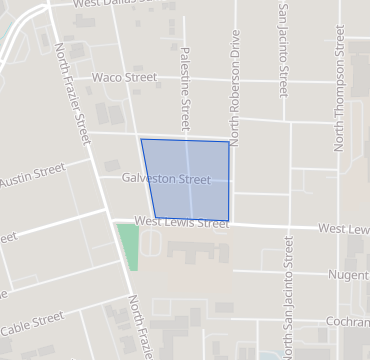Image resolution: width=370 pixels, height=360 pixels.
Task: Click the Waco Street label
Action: click(x=125, y=77)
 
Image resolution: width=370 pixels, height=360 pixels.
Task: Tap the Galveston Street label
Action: click(x=166, y=180)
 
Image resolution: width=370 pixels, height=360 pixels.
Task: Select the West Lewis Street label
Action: click(x=181, y=223)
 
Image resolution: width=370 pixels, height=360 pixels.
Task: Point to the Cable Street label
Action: click(x=32, y=324)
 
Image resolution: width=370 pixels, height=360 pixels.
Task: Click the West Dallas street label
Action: click(x=115, y=4)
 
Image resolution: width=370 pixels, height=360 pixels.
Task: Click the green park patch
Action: click(x=128, y=246)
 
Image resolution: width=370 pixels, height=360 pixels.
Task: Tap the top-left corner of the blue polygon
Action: click(x=141, y=139)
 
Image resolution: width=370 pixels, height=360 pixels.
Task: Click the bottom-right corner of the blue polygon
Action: click(x=229, y=221)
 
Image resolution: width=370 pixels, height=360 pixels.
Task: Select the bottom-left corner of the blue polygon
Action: click(x=154, y=215)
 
